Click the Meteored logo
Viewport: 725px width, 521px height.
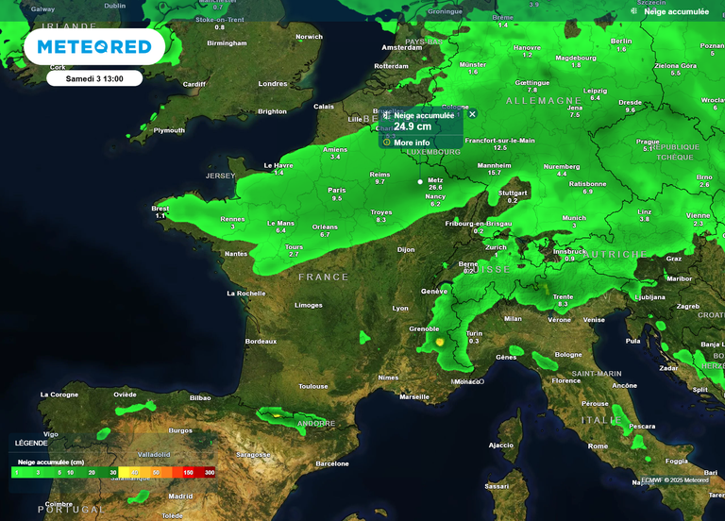[93, 46]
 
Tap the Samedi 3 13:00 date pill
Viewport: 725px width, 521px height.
[94, 78]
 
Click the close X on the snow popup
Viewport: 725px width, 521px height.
[472, 114]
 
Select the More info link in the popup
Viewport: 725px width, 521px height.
[412, 143]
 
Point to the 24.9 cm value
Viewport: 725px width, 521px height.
[413, 126]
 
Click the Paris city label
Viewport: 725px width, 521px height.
[336, 191]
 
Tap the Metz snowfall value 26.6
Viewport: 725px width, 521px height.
[435, 187]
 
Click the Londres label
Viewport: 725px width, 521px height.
[273, 84]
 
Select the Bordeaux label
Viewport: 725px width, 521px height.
[261, 341]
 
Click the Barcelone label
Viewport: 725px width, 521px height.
[331, 463]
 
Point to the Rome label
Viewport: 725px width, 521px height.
[598, 445]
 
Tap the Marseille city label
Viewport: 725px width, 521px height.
[413, 396]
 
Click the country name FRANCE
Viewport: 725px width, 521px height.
[324, 277]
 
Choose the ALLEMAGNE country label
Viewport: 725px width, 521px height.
[544, 100]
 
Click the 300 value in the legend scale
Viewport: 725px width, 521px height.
[210, 472]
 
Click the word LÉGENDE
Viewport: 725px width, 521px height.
[31, 443]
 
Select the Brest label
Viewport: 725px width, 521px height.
[160, 209]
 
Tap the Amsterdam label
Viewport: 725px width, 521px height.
[401, 47]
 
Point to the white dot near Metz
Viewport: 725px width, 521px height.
[421, 181]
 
